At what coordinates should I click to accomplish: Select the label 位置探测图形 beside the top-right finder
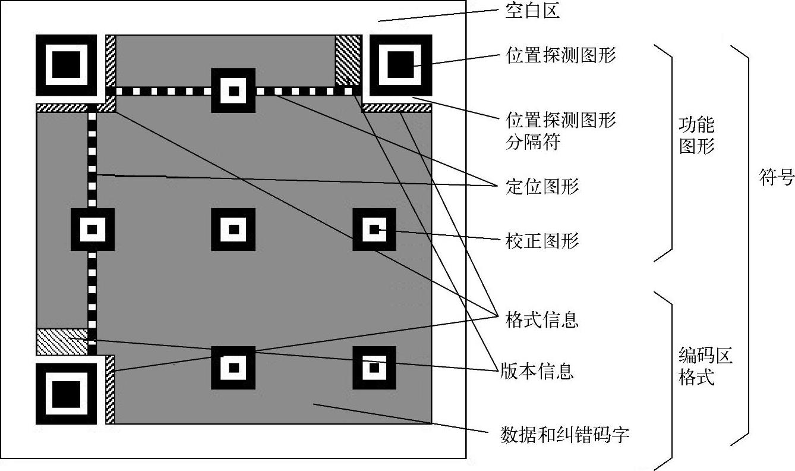click(561, 55)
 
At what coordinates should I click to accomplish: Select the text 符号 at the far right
click(777, 177)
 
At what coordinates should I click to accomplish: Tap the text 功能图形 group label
click(696, 136)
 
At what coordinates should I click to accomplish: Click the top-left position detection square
click(66, 65)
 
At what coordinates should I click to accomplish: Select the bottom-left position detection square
click(66, 393)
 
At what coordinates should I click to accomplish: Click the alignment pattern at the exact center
click(234, 230)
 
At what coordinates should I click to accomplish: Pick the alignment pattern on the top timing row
click(234, 91)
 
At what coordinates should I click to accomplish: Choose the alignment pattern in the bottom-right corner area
click(374, 368)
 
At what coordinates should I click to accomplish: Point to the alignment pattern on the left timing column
click(92, 230)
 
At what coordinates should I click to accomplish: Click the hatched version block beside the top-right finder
click(348, 60)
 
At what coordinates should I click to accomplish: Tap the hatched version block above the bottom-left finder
click(62, 341)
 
